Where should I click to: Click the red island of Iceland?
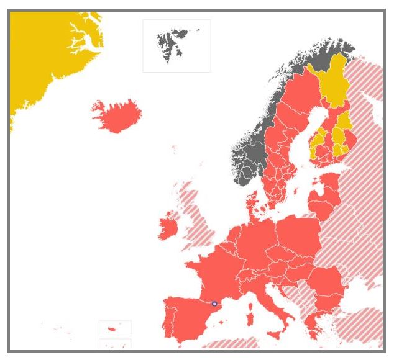click(117, 115)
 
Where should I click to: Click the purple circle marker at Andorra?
click(214, 304)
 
